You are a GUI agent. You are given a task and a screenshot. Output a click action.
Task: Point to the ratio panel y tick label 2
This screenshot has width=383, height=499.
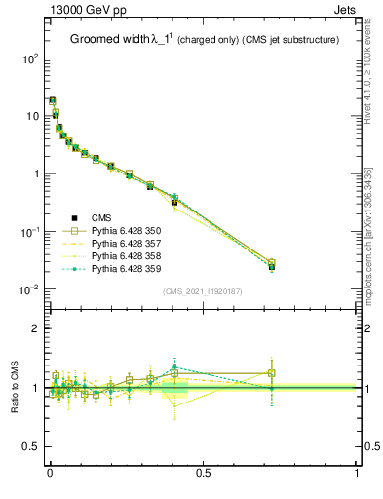[x=37, y=329]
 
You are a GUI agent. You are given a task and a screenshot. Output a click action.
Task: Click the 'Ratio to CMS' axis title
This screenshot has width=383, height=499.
[x=14, y=387]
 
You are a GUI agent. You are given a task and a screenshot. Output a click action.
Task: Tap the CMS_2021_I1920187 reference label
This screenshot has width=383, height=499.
[x=203, y=291]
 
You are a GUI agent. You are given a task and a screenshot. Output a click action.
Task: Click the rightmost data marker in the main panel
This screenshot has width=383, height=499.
[x=272, y=264]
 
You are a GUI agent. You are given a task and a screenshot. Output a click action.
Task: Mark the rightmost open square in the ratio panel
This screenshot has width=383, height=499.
[x=272, y=372]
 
